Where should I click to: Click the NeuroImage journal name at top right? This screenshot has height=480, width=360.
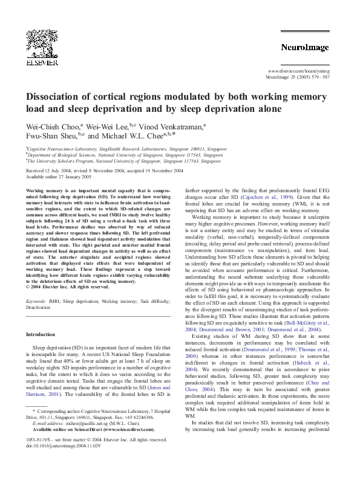coord(304,47)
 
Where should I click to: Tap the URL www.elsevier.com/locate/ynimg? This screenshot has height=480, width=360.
coord(298,71)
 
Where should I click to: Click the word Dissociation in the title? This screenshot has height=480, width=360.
coord(60,97)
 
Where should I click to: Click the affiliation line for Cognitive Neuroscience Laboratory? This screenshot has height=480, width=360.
coord(120,148)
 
